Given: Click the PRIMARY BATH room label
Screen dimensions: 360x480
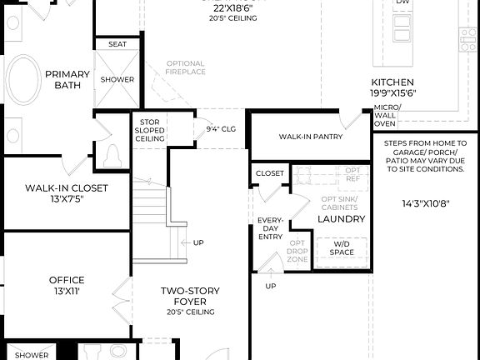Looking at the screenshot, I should [67, 79].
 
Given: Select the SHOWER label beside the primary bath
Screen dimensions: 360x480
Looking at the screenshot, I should [117, 79].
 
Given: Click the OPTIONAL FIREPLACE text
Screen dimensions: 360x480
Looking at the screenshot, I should [185, 68].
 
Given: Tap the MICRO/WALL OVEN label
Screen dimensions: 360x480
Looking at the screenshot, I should [386, 116].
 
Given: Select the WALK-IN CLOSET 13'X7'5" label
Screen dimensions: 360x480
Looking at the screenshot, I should [66, 193].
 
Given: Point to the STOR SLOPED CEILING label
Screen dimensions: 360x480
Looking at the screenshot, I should [150, 131].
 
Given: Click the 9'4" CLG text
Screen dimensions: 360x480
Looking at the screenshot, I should [222, 130].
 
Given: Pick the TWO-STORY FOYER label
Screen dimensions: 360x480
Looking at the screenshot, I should [189, 296].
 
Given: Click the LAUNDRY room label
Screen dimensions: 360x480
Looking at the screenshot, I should [341, 218].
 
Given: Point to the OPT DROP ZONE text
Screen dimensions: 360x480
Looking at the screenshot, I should [297, 251].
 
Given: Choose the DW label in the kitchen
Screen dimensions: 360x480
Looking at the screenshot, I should [402, 2].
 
